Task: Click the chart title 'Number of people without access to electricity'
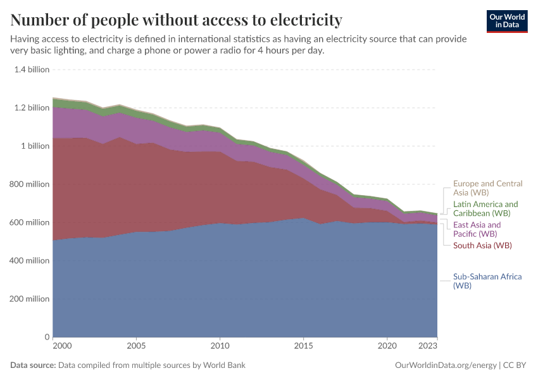click(x=176, y=20)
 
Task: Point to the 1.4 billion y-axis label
click(x=32, y=70)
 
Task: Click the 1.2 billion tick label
click(x=32, y=108)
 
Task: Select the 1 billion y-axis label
click(x=35, y=146)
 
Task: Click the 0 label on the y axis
click(x=47, y=336)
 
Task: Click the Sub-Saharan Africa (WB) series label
click(x=487, y=281)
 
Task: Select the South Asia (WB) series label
click(x=482, y=245)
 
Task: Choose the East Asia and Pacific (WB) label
click(x=477, y=229)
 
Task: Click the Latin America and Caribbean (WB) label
click(x=485, y=208)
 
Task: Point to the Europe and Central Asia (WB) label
click(x=487, y=187)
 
